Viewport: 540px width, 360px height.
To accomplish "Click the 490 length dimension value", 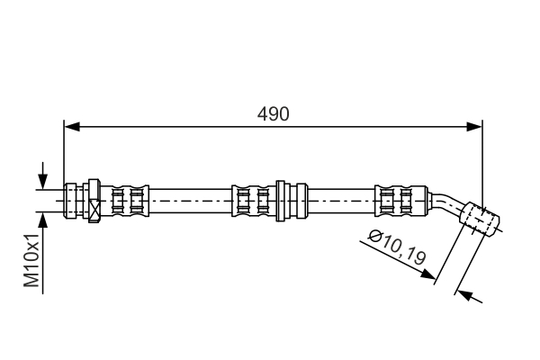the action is (273, 114).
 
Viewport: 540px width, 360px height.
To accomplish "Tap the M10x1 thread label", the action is (31, 260).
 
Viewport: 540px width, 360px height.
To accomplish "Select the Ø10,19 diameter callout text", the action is (397, 247).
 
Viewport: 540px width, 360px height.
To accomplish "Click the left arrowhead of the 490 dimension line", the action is (72, 127).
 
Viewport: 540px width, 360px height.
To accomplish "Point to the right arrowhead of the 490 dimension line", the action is (474, 127).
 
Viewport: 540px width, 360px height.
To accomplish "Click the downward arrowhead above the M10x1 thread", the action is (42, 181).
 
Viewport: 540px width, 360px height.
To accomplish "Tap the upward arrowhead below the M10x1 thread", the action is (42, 220).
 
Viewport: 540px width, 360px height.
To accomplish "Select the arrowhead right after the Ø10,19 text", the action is (428, 274).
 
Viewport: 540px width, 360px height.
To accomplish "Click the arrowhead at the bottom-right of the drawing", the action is (463, 294).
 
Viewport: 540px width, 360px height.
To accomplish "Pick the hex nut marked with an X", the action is (94, 201).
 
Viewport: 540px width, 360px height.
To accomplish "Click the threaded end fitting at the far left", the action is (70, 201).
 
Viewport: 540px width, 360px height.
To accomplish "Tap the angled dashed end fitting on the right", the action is (480, 220).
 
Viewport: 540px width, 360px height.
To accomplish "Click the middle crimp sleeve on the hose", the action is (254, 201).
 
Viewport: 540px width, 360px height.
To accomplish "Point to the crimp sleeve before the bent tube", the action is (401, 201).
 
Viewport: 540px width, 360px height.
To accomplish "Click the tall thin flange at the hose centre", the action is (280, 201).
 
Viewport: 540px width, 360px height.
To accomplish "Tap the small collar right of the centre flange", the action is (301, 201).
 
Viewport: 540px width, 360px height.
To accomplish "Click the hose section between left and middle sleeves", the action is (191, 201).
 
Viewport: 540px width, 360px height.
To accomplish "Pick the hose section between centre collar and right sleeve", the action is (341, 201).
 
